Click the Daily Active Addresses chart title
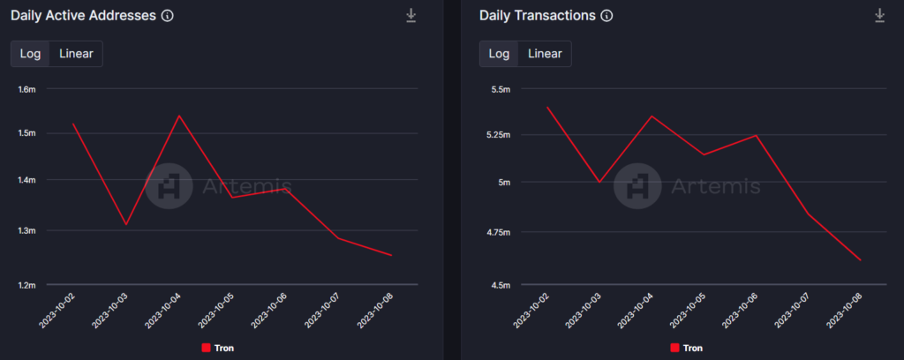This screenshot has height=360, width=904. [83, 16]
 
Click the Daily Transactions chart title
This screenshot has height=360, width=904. [537, 16]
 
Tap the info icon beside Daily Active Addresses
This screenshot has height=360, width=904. [168, 16]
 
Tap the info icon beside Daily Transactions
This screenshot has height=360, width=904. [606, 16]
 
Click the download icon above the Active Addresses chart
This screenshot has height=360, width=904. [411, 16]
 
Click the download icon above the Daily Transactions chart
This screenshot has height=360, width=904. [879, 16]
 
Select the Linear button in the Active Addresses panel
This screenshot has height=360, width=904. [77, 54]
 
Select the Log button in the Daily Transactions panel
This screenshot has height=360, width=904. [499, 54]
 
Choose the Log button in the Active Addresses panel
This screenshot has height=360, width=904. [30, 54]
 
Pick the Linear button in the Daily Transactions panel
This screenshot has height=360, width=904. [545, 54]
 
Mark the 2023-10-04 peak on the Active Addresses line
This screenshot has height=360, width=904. [179, 116]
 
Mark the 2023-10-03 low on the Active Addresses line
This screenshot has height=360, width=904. [126, 224]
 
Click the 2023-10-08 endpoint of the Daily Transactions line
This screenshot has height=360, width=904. [860, 260]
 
